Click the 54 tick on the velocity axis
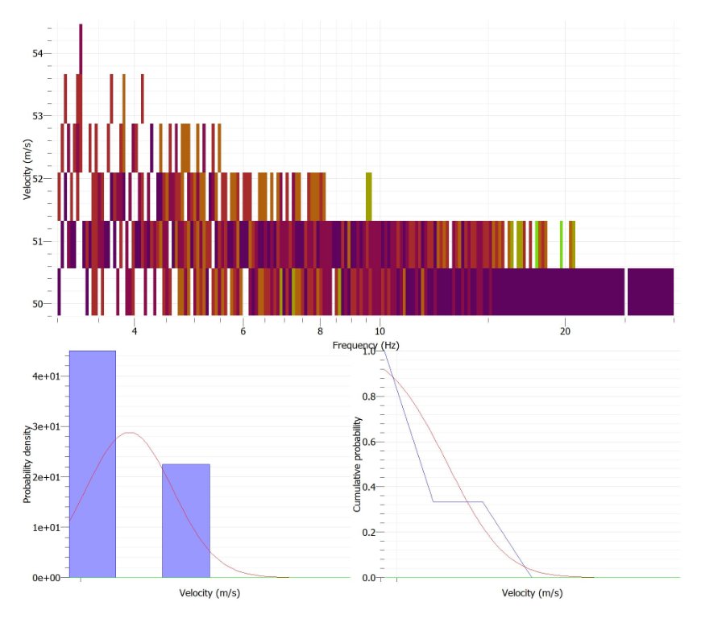pyautogui.click(x=38, y=53)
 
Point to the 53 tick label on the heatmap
pyautogui.click(x=38, y=115)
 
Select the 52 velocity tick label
pyautogui.click(x=38, y=178)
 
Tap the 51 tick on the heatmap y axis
pyautogui.click(x=38, y=240)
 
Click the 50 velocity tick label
pyautogui.click(x=38, y=303)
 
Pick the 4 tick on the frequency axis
pyautogui.click(x=134, y=330)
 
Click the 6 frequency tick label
pyautogui.click(x=243, y=330)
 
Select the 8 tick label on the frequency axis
pyautogui.click(x=320, y=330)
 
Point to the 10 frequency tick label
pyautogui.click(x=380, y=330)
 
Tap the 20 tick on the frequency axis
pyautogui.click(x=565, y=330)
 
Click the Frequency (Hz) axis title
pyautogui.click(x=366, y=345)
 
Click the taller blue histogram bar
pyautogui.click(x=93, y=463)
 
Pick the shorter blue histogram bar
pyautogui.click(x=185, y=520)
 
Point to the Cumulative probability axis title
pyautogui.click(x=357, y=465)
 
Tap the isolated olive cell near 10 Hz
pyautogui.click(x=369, y=196)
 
